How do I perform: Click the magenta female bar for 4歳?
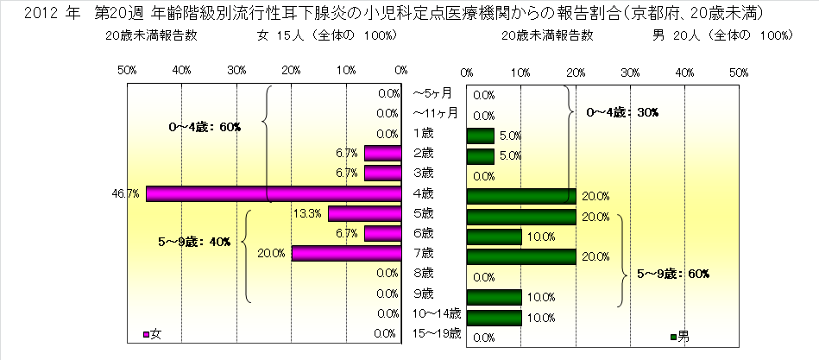[274, 193]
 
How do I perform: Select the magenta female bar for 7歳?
[346, 253]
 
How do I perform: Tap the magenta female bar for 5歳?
[364, 213]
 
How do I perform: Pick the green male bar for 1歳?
[480, 135]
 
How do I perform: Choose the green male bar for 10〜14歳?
[494, 317]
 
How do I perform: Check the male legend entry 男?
[679, 335]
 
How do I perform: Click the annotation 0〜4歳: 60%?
[205, 126]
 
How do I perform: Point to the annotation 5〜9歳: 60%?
[672, 274]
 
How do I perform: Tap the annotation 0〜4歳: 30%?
[621, 112]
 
